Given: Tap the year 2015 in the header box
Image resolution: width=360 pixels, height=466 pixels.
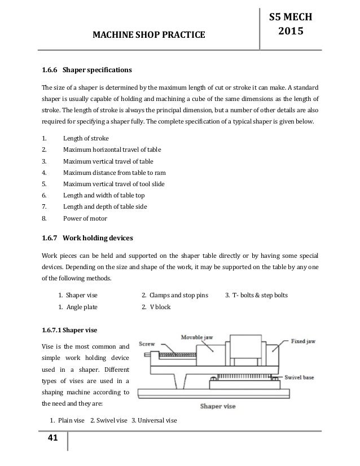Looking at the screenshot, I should pyautogui.click(x=292, y=32).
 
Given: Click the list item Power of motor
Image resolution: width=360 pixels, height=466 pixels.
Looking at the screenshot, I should pyautogui.click(x=85, y=218).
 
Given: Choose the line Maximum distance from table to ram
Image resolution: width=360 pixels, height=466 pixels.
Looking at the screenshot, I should pyautogui.click(x=115, y=173).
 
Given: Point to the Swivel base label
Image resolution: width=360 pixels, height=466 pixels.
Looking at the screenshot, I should pyautogui.click(x=304, y=375).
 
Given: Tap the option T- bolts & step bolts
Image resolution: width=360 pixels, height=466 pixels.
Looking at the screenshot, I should pyautogui.click(x=259, y=294).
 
